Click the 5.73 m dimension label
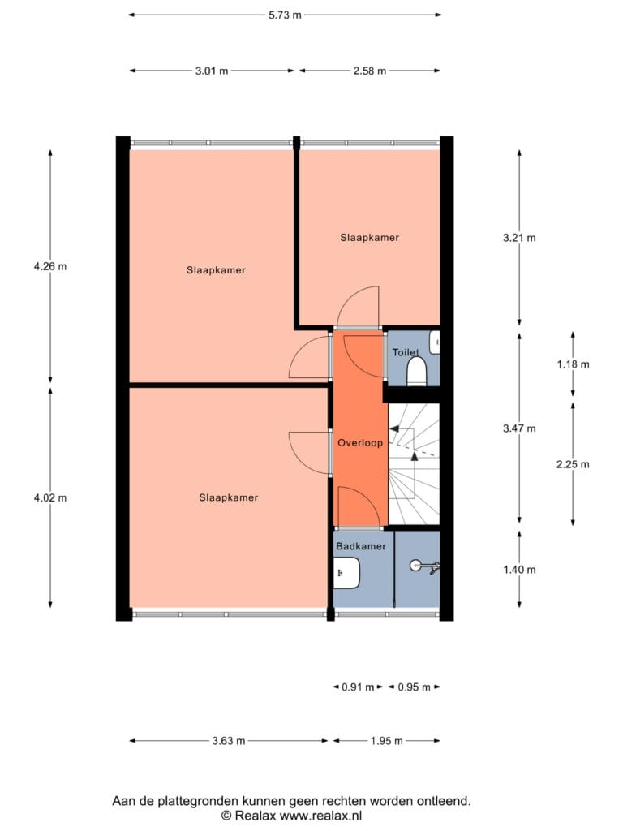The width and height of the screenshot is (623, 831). pos(285,15)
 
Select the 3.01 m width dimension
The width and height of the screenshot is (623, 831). pos(212,71)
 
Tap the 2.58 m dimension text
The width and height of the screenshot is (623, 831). pos(370,71)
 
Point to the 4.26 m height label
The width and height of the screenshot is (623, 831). pos(50,266)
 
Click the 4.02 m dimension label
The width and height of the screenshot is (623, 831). pos(50,497)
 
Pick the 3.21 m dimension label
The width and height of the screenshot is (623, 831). pos(519,238)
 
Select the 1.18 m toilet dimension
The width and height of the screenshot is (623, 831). pos(573,364)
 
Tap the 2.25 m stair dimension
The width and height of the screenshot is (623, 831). pos(573,464)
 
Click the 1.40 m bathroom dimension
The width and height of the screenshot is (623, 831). pos(519,570)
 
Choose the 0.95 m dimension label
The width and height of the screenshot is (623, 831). pos(415,687)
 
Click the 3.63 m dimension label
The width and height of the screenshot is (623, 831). pos(229,741)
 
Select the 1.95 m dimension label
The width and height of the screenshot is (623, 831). pos(387,741)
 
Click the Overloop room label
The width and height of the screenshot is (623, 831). pos(360,443)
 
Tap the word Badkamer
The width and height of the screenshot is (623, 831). pos(361,546)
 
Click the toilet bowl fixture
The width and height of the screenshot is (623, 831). pos(417,371)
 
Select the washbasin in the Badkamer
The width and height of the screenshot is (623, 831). pos(347,573)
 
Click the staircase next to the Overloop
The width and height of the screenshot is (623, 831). pos(414,464)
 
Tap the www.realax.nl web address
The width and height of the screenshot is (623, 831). pos(320,816)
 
